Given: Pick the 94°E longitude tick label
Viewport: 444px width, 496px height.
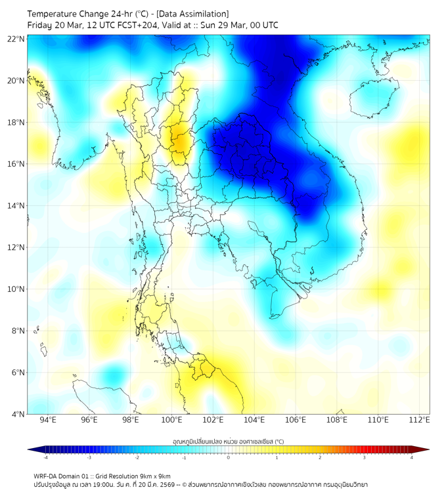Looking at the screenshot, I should coord(48,421).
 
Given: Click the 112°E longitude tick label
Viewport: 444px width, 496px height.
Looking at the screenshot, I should coord(420,421).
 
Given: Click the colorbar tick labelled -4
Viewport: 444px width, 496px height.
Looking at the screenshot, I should coord(45,457).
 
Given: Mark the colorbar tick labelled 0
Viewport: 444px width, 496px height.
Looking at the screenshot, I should coord(229,457).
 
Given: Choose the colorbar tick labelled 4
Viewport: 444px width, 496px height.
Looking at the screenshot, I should coord(412,457).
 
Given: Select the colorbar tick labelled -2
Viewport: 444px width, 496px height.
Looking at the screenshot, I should coord(137,457).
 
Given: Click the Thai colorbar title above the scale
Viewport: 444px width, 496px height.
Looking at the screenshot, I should coord(228,442).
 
